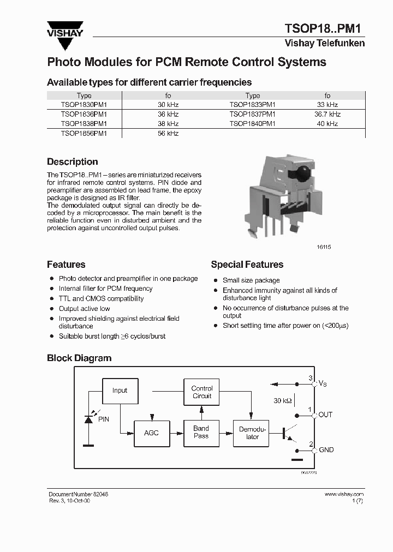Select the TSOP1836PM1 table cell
(84, 114)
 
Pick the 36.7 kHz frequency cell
(327, 114)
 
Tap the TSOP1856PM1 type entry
(84, 133)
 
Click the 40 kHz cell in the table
(327, 124)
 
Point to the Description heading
(73, 162)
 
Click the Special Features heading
(247, 265)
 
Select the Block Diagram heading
(79, 358)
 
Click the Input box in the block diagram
(120, 391)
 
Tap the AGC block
(151, 433)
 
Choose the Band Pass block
(201, 433)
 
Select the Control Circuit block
(202, 392)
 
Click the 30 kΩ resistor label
(282, 401)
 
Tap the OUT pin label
(325, 415)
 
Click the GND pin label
(326, 450)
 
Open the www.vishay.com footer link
(344, 494)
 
